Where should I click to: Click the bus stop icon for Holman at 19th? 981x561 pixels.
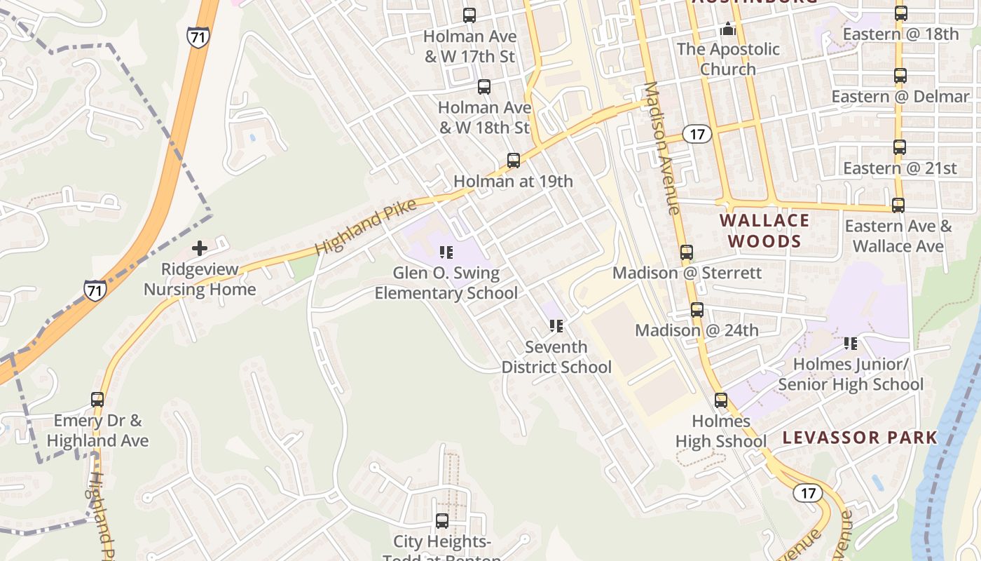pos(514,161)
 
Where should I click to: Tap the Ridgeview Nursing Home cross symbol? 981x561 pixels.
pos(200,248)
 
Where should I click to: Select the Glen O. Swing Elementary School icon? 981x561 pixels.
pos(446,252)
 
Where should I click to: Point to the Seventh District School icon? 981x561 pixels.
pos(556,326)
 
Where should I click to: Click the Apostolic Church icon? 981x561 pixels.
pos(728,29)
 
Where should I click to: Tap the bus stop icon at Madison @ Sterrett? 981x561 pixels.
pos(687,252)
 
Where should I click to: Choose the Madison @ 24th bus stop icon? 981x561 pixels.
pos(697,310)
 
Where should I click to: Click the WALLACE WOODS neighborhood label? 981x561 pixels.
pos(764,231)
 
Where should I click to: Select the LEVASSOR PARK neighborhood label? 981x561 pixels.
pos(860,438)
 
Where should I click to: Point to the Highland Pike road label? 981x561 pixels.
pos(365,226)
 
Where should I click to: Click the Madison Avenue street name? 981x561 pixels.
pos(661,148)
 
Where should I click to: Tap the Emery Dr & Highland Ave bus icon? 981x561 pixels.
pos(97,400)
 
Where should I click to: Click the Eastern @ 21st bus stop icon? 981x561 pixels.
pos(900,147)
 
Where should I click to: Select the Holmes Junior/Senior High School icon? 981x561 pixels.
pos(851,344)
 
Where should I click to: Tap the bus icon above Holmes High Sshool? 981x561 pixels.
pos(721,400)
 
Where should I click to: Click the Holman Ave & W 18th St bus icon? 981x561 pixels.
pos(484,87)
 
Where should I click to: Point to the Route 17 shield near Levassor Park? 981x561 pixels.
pos(808,493)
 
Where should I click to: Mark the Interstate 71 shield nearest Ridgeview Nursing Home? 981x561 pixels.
pos(95,290)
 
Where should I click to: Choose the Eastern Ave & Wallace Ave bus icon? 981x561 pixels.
pos(898,205)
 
